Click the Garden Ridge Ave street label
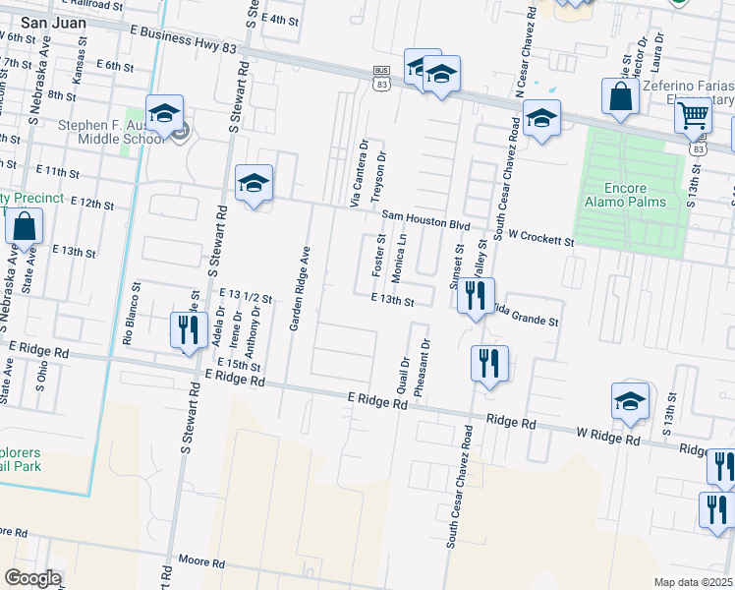(x=299, y=287)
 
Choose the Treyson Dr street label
(x=381, y=177)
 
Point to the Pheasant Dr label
(x=423, y=368)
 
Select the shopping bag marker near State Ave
(x=24, y=226)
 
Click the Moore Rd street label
(x=202, y=561)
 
